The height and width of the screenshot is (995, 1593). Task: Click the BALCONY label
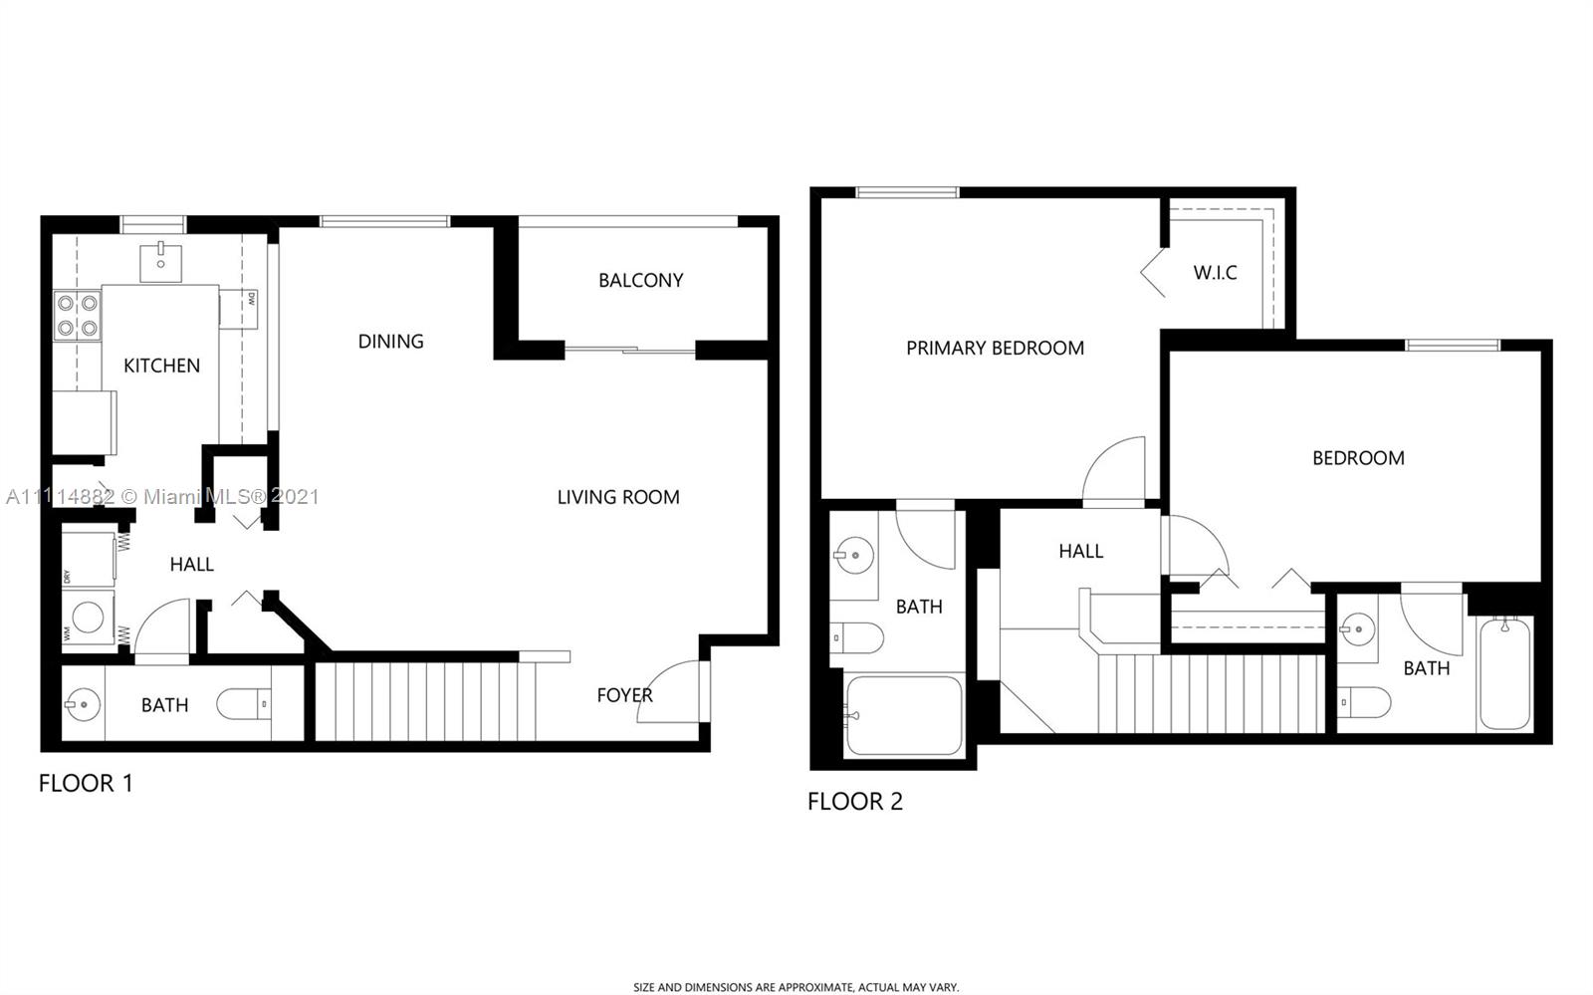641,280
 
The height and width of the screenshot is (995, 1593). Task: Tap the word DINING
390,342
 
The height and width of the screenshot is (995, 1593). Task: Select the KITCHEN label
161,366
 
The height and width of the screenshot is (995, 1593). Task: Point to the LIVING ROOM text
618,497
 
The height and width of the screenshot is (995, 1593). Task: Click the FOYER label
624,695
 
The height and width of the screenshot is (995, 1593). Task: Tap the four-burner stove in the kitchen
78,316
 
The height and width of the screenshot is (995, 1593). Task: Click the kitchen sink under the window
160,262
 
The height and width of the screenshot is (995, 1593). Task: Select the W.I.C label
1215,272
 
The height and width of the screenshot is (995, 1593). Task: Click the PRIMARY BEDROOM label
995,348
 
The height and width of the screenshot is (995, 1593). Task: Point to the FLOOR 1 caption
86,783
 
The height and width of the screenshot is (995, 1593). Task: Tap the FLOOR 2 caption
855,802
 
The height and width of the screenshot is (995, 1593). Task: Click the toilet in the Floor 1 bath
244,704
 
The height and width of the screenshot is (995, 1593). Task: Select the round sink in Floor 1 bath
83,705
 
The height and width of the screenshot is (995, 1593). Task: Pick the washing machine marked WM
89,619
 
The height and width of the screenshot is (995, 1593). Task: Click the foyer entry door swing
668,691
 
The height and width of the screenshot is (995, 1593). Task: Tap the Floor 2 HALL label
1081,551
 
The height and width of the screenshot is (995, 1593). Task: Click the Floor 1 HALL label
191,565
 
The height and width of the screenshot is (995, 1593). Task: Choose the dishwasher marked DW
238,309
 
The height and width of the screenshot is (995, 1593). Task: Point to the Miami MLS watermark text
162,496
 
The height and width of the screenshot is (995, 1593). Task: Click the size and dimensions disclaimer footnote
796,987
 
